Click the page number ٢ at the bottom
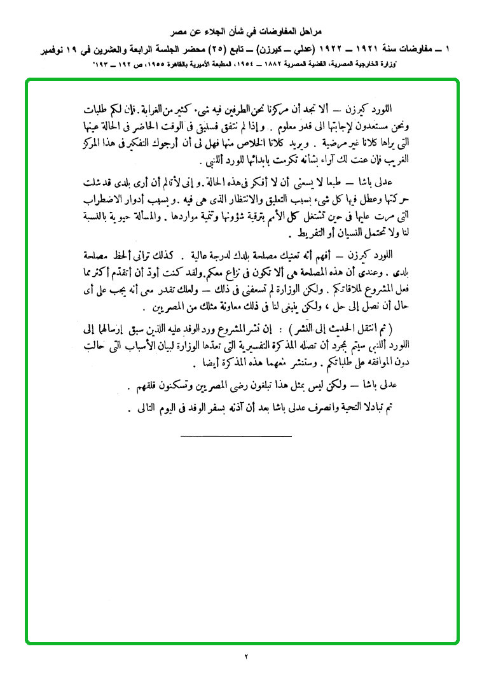pos(245,655)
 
